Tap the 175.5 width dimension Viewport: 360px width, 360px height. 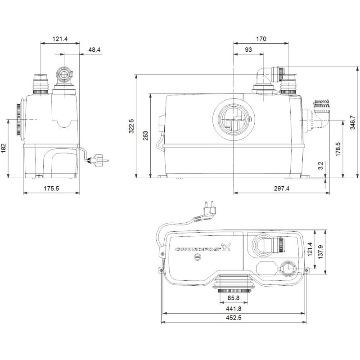point(51,189)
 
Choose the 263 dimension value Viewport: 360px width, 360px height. point(145,135)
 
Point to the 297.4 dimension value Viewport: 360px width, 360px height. point(281,189)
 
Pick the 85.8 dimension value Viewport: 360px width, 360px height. point(233,298)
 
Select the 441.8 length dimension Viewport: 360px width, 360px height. point(234,309)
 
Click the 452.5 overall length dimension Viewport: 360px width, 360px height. point(234,318)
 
